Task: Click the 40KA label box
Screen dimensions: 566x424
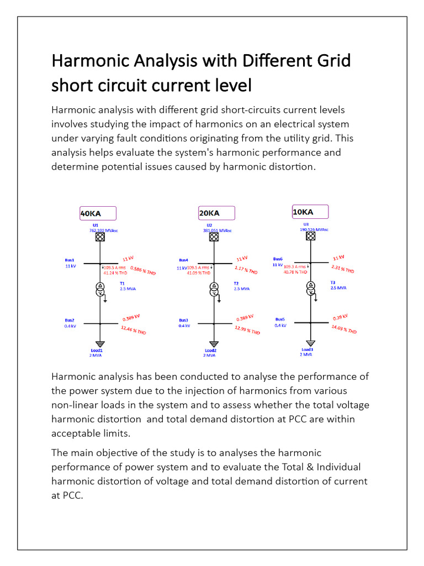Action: [98, 213]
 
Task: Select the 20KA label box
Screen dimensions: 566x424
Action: [216, 213]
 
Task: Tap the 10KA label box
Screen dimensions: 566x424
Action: [310, 212]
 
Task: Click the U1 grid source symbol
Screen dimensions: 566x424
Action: [100, 237]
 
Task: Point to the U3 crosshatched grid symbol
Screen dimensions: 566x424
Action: [311, 236]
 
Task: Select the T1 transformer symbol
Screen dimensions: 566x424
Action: [100, 290]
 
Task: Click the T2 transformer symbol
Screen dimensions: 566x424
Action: [214, 290]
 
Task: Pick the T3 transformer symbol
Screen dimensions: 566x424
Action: [311, 289]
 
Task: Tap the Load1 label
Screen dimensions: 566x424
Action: [97, 350]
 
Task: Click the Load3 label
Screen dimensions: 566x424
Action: [308, 349]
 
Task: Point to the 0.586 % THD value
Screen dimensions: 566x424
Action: [143, 270]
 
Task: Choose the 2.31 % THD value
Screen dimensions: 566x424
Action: [342, 269]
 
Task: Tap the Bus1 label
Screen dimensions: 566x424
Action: [69, 260]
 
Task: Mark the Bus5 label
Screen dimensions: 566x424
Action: [280, 319]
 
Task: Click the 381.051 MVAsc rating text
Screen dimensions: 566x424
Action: [218, 230]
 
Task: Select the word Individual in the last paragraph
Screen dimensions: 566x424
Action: [331, 467]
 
